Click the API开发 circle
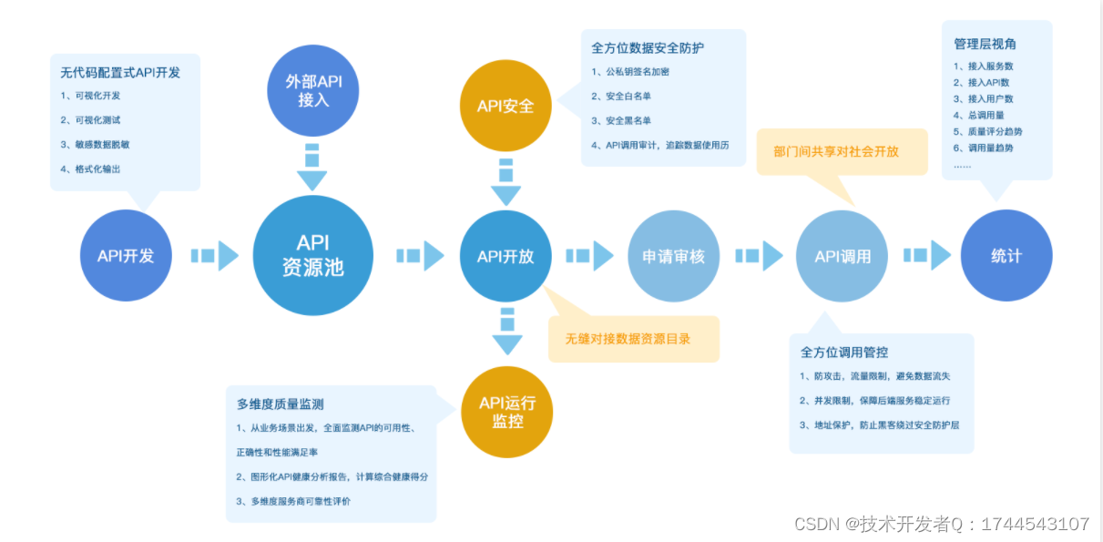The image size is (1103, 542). coord(126,256)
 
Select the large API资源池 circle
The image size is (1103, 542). coord(312,256)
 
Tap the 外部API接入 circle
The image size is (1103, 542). coord(312,91)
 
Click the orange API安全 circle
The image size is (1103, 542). coord(506,107)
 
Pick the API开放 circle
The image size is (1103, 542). coord(506,256)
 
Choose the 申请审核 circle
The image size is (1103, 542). coord(673,256)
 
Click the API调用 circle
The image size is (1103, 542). coord(842,256)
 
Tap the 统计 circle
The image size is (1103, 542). coord(1006,256)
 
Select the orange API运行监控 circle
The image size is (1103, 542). coord(506,413)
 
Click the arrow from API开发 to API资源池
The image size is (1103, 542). coord(215,256)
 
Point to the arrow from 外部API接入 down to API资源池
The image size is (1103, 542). coord(312,167)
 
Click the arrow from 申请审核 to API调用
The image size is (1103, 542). coord(760,256)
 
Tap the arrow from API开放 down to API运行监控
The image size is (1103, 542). coord(507,332)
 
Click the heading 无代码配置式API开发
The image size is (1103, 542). coord(120,72)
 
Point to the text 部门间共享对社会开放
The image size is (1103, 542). coord(835,151)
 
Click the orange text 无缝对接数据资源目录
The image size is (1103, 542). coord(628,339)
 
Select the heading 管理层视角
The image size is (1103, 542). coord(985,44)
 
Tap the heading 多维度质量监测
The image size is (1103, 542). coord(281,404)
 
